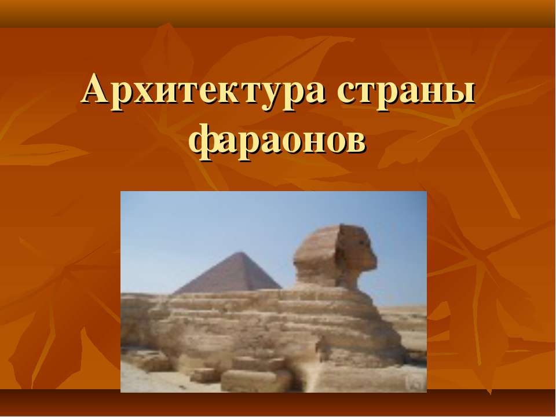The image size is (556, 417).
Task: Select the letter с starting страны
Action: click(x=345, y=94)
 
